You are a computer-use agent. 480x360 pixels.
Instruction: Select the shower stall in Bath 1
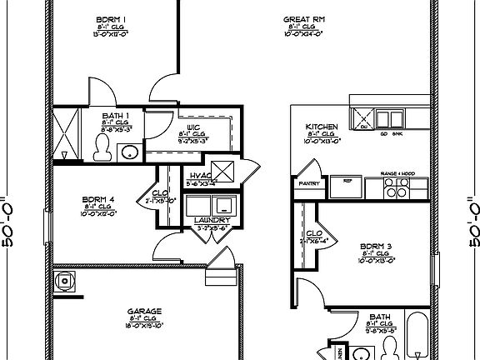pos(66,132)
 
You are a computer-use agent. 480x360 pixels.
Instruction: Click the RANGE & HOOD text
pos(397,172)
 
